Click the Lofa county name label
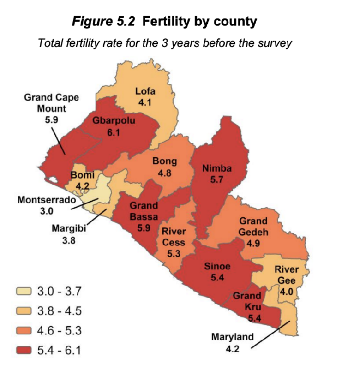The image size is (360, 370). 145,91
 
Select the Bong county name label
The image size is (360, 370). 164,162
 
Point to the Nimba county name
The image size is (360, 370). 216,169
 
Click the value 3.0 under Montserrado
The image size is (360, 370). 46,211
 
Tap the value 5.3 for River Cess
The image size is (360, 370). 174,253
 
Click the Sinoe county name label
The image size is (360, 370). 217,266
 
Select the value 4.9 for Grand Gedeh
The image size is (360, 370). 253,243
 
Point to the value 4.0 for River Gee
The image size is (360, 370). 286,292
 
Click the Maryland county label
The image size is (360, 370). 233,337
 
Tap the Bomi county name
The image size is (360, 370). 83,175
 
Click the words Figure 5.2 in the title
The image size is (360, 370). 104,21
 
